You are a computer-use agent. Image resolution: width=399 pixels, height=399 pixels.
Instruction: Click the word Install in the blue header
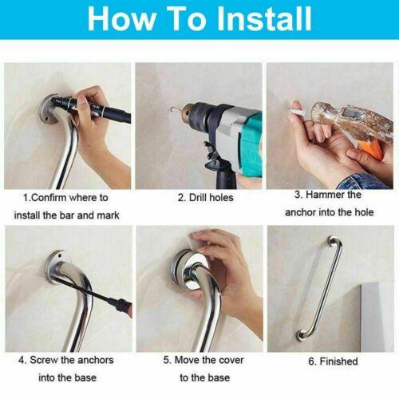click(265, 18)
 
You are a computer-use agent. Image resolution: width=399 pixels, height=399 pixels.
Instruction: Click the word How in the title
click(121, 18)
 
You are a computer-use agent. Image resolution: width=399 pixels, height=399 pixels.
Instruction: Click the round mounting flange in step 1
click(49, 109)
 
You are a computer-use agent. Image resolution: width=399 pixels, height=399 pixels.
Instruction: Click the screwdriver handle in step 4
click(121, 306)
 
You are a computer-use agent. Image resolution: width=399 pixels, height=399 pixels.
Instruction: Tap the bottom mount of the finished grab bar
click(302, 336)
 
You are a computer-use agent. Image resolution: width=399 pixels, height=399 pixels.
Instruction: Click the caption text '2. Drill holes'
click(205, 198)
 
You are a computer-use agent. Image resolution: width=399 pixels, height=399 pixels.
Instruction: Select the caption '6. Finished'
click(333, 361)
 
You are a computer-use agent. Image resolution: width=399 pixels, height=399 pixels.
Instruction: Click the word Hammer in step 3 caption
click(322, 195)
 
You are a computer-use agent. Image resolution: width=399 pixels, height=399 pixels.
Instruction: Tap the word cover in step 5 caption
click(231, 360)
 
